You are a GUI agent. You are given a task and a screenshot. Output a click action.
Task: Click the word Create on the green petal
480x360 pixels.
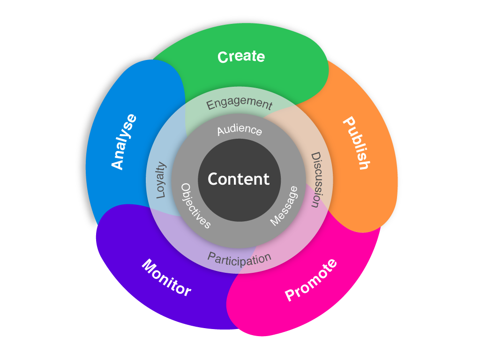241,57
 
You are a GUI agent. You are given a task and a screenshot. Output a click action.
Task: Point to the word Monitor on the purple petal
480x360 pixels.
166,277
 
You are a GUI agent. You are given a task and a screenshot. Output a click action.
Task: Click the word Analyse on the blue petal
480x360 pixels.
124,142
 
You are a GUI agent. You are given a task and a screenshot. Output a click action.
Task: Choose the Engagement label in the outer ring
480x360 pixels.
239,103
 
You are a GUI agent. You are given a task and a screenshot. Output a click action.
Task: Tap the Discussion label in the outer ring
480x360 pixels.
317,180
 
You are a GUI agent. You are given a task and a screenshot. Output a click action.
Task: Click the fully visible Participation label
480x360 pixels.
239,258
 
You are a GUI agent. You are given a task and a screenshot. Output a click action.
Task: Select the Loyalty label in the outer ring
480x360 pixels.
161,180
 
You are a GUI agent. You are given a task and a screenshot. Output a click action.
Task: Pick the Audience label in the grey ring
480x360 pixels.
239,130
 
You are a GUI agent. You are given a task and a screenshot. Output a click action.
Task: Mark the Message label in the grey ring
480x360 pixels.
284,206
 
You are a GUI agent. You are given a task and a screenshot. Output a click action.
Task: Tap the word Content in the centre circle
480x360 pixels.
239,179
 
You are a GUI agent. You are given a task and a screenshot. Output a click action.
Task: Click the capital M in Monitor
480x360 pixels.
149,266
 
